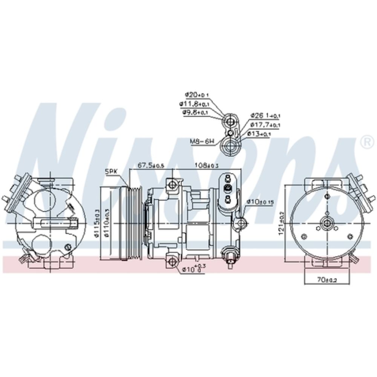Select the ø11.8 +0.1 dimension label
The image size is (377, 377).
194,104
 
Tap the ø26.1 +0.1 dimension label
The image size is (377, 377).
265,115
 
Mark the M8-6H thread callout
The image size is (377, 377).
202,142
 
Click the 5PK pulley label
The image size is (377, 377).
112,171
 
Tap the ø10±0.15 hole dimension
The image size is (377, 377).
260,202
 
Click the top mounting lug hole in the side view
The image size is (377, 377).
172,185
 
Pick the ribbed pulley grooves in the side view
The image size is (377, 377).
135,223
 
